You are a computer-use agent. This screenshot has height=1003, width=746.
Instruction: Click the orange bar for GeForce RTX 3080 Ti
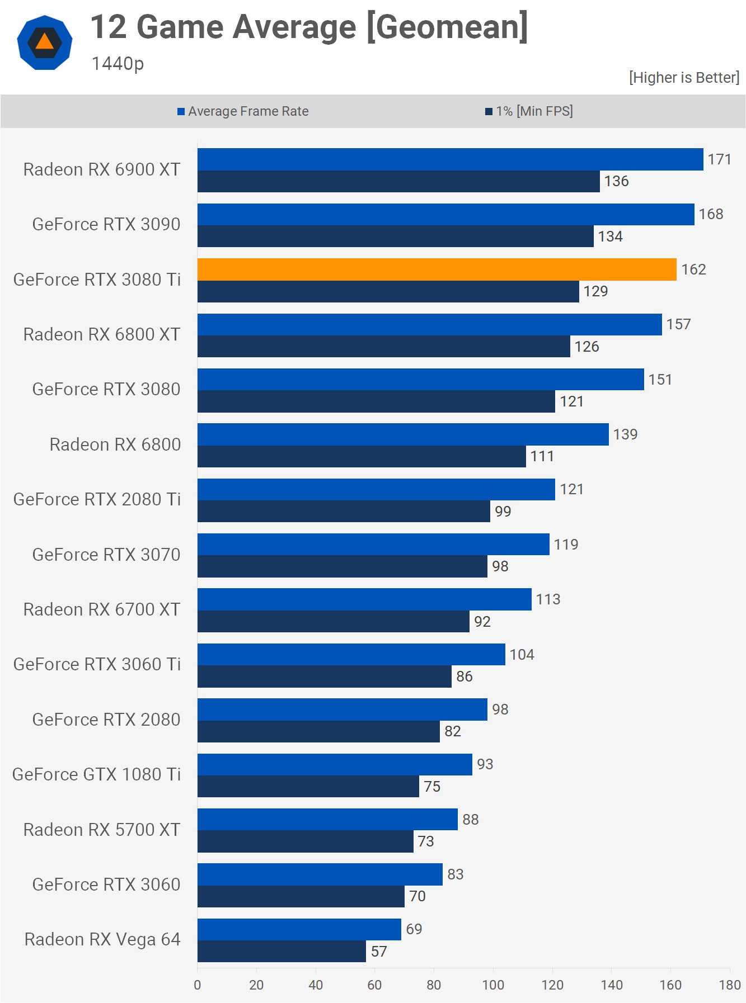point(437,269)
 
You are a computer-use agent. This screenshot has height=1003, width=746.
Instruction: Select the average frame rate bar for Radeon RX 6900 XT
point(450,159)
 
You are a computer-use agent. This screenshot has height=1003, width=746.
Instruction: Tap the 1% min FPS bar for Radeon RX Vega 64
point(281,951)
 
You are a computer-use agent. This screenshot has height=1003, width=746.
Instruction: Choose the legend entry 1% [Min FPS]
point(529,111)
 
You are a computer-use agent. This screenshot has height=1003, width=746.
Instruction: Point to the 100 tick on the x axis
point(493,985)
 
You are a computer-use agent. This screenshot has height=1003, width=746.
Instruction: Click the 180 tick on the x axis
point(730,985)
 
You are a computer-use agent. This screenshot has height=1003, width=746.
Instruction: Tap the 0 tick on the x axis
point(197,985)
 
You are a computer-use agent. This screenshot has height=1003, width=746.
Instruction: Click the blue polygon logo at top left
point(45,42)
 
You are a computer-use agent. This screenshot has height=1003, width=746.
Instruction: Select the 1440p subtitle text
point(118,64)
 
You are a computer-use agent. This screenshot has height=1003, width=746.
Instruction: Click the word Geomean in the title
point(448,27)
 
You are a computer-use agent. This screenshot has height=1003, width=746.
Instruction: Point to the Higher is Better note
point(684,78)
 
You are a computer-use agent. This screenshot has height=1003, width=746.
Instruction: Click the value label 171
point(719,159)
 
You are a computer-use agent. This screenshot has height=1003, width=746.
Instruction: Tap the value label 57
point(379,951)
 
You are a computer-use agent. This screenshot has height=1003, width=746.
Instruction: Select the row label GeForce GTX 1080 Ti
point(96,774)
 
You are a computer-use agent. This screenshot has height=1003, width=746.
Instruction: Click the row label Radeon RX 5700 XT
point(101,830)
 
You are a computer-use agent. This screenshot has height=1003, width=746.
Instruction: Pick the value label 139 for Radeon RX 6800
point(625,434)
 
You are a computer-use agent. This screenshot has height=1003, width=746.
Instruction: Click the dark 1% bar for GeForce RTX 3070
point(342,566)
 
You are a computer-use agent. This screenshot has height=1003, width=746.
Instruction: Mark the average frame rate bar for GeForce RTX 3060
point(320,874)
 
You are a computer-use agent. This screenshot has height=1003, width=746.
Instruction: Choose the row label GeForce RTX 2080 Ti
point(97,499)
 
